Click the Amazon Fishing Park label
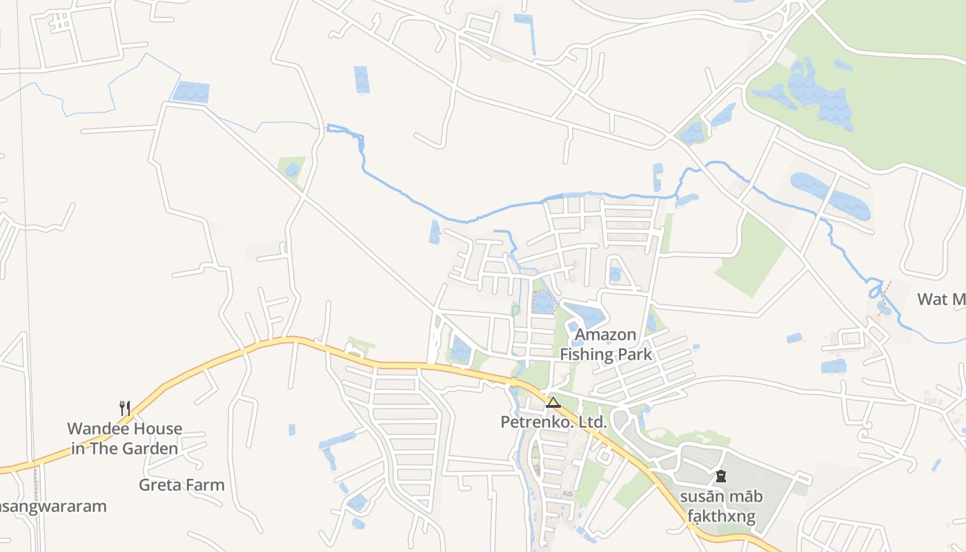point(605,344)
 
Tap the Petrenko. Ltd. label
point(553,421)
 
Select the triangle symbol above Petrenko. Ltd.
point(553,402)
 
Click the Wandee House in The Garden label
point(124,438)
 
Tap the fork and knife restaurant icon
point(125,408)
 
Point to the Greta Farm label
point(181,484)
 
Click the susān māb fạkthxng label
point(721,506)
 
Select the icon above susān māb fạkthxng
point(721,476)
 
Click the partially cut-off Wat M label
point(941,299)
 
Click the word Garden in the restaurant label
point(150,448)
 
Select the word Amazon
point(605,335)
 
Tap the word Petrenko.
point(533,421)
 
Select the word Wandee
point(91,428)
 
